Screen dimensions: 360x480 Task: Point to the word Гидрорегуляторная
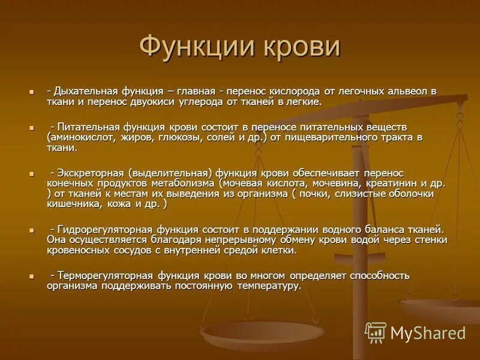[106, 229]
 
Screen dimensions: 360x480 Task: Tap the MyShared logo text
[428, 333]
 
